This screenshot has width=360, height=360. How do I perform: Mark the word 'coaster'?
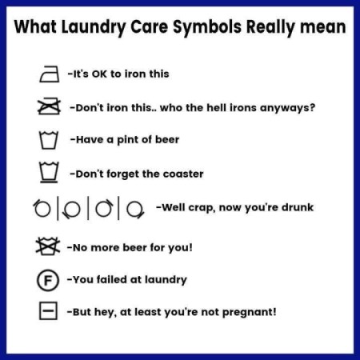pos(182,174)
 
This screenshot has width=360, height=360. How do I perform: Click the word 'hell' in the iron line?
pos(206,106)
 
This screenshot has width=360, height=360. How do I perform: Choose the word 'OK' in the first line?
pos(105,74)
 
